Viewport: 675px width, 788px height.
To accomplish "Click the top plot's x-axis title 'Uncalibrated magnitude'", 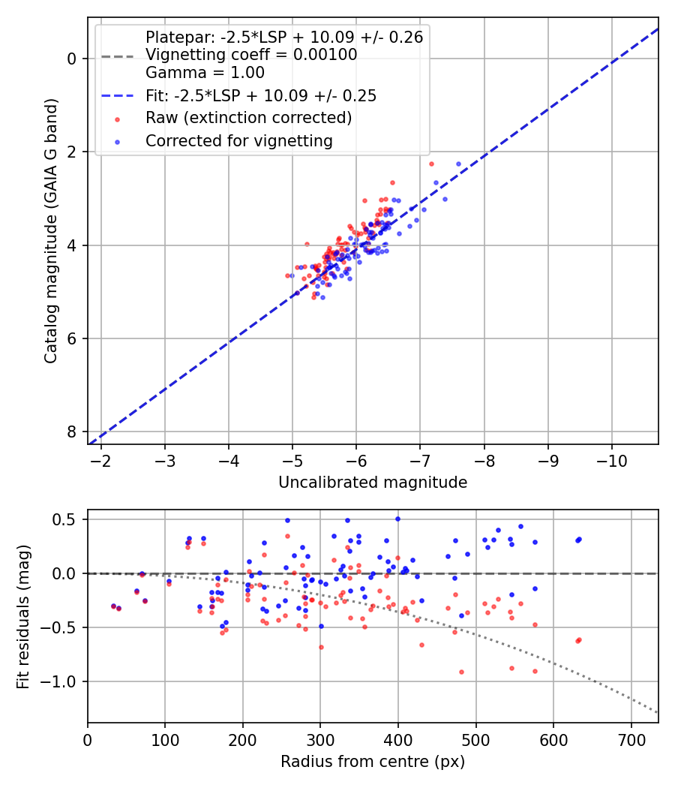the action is (373, 483).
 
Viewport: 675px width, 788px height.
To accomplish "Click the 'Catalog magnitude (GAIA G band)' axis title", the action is (50, 230).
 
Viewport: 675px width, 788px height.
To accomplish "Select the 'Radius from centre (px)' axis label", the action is (373, 762).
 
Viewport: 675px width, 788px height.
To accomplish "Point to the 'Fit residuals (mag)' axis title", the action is (23, 617).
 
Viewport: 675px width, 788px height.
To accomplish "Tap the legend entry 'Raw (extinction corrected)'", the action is (248, 118).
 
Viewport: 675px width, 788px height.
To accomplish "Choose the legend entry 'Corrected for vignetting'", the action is (238, 140).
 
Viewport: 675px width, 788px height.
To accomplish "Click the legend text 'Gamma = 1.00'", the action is (205, 73).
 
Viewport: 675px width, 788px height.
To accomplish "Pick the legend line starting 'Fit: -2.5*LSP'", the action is (260, 95).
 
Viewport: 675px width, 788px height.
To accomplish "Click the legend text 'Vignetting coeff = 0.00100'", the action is (251, 55).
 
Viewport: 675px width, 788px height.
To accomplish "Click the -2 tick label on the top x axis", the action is (101, 460).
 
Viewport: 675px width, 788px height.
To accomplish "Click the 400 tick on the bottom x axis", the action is (398, 739).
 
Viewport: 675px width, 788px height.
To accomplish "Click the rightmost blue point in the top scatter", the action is (459, 164).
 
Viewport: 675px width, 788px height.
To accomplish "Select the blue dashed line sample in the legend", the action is (117, 95).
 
